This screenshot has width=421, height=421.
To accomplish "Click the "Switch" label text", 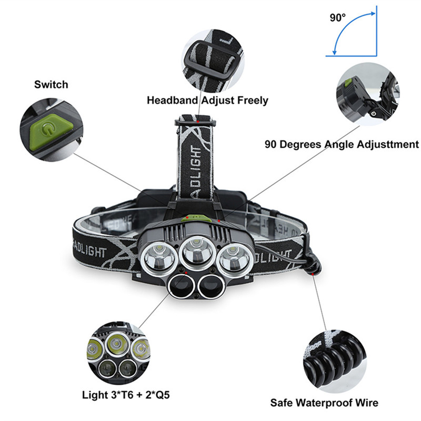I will click(51, 84).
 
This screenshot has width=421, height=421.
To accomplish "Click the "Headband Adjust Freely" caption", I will click(207, 100).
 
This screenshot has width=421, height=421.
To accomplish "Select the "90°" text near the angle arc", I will click(337, 17).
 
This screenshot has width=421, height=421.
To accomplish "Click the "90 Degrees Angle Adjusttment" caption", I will click(342, 144).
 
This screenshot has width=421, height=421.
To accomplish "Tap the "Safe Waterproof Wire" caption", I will click(324, 404).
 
